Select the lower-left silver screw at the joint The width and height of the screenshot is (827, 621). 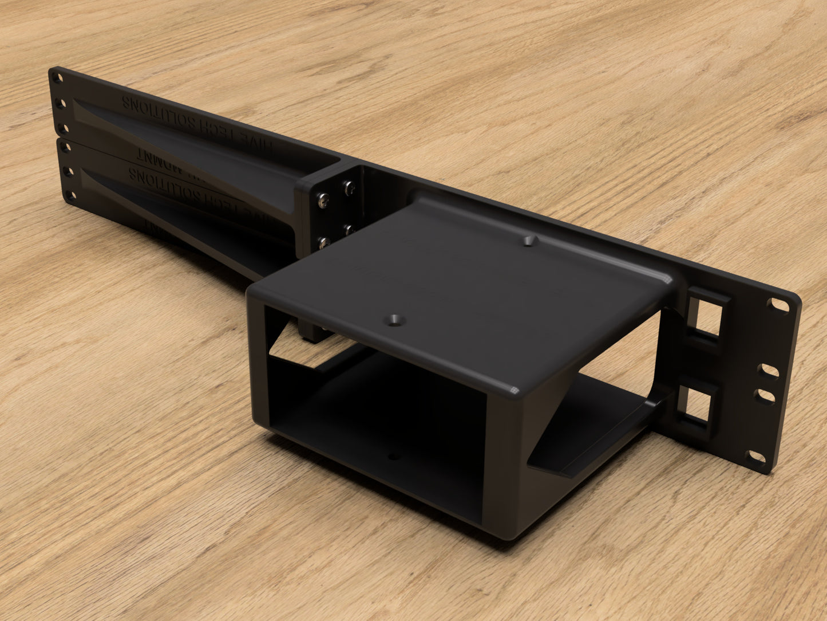pos(322,242)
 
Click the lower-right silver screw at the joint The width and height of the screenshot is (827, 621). pos(349,230)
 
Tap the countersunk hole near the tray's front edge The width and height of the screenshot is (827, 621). pos(394,320)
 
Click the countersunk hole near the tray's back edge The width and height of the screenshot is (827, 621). pos(529,241)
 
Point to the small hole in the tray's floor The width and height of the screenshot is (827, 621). pos(392,457)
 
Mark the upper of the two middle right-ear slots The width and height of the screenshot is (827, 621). pos(770,371)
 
